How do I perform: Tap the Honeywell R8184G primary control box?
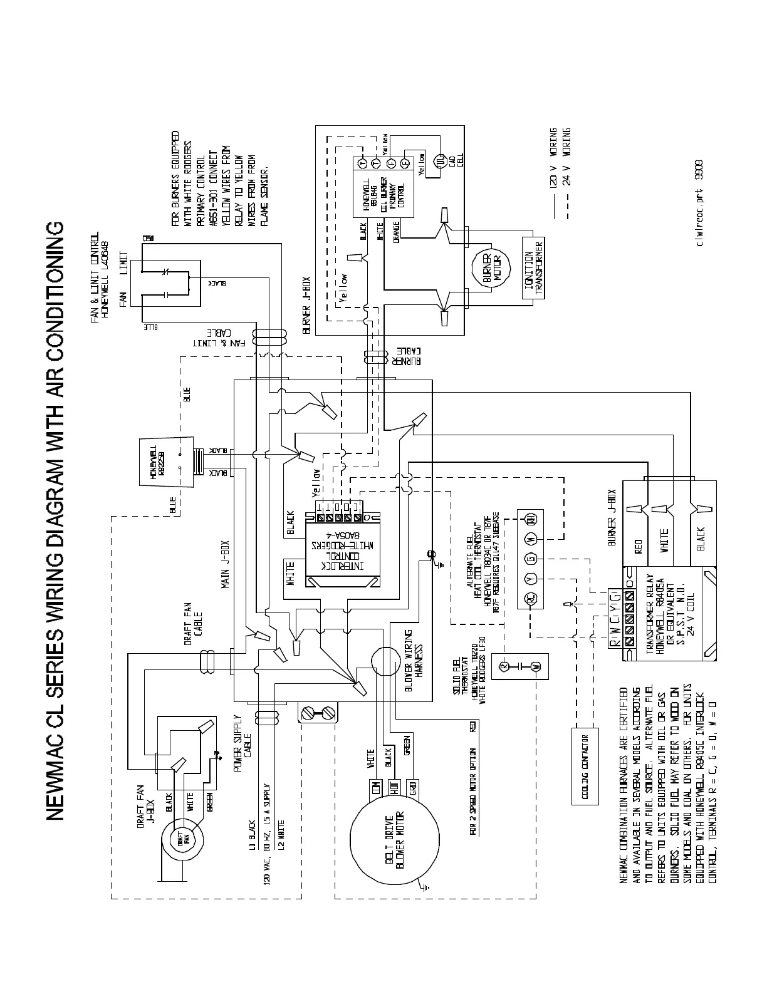coord(383,187)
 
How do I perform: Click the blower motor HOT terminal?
coord(394,787)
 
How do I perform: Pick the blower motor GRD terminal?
coord(413,787)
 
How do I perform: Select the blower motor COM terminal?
coord(376,787)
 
